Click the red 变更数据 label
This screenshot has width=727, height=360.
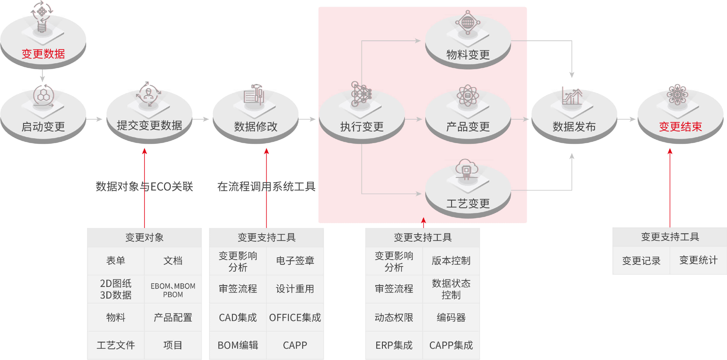coord(43,54)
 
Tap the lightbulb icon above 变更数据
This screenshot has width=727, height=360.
coord(42,17)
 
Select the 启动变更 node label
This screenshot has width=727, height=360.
coord(43,127)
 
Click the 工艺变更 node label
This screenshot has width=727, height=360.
coord(468,203)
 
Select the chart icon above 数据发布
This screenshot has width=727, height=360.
coord(572,96)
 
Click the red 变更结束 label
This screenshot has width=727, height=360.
coord(680,127)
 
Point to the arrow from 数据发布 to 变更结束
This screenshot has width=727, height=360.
coord(627,119)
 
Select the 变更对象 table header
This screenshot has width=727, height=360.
coord(144,237)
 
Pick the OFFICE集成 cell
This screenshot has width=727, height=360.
coord(295,317)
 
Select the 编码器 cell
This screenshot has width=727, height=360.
coord(451,317)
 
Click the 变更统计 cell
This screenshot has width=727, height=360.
coord(698,260)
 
